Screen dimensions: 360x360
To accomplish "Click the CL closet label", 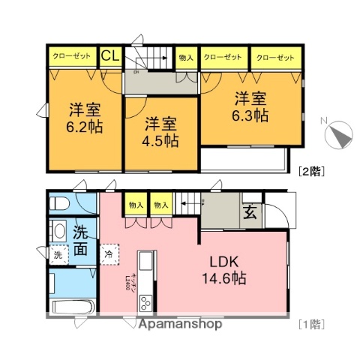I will pyautogui.click(x=109, y=55).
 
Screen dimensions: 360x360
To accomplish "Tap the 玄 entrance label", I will pyautogui.click(x=249, y=212).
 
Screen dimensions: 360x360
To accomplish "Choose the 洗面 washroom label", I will pyautogui.click(x=82, y=238).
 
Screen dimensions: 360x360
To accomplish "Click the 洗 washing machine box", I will pyautogui.click(x=58, y=254).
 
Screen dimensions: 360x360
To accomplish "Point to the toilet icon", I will pyautogui.click(x=59, y=202).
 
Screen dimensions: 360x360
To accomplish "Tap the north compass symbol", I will pyautogui.click(x=337, y=135).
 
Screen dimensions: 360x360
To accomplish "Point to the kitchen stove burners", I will pyautogui.click(x=144, y=302).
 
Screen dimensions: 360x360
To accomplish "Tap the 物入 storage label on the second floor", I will pyautogui.click(x=186, y=57).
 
